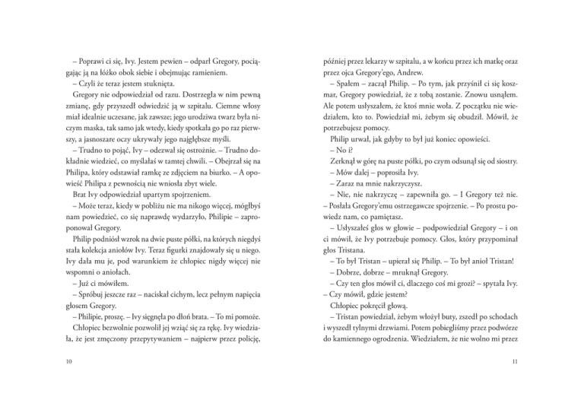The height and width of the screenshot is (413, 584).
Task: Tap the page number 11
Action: point(514,361)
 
